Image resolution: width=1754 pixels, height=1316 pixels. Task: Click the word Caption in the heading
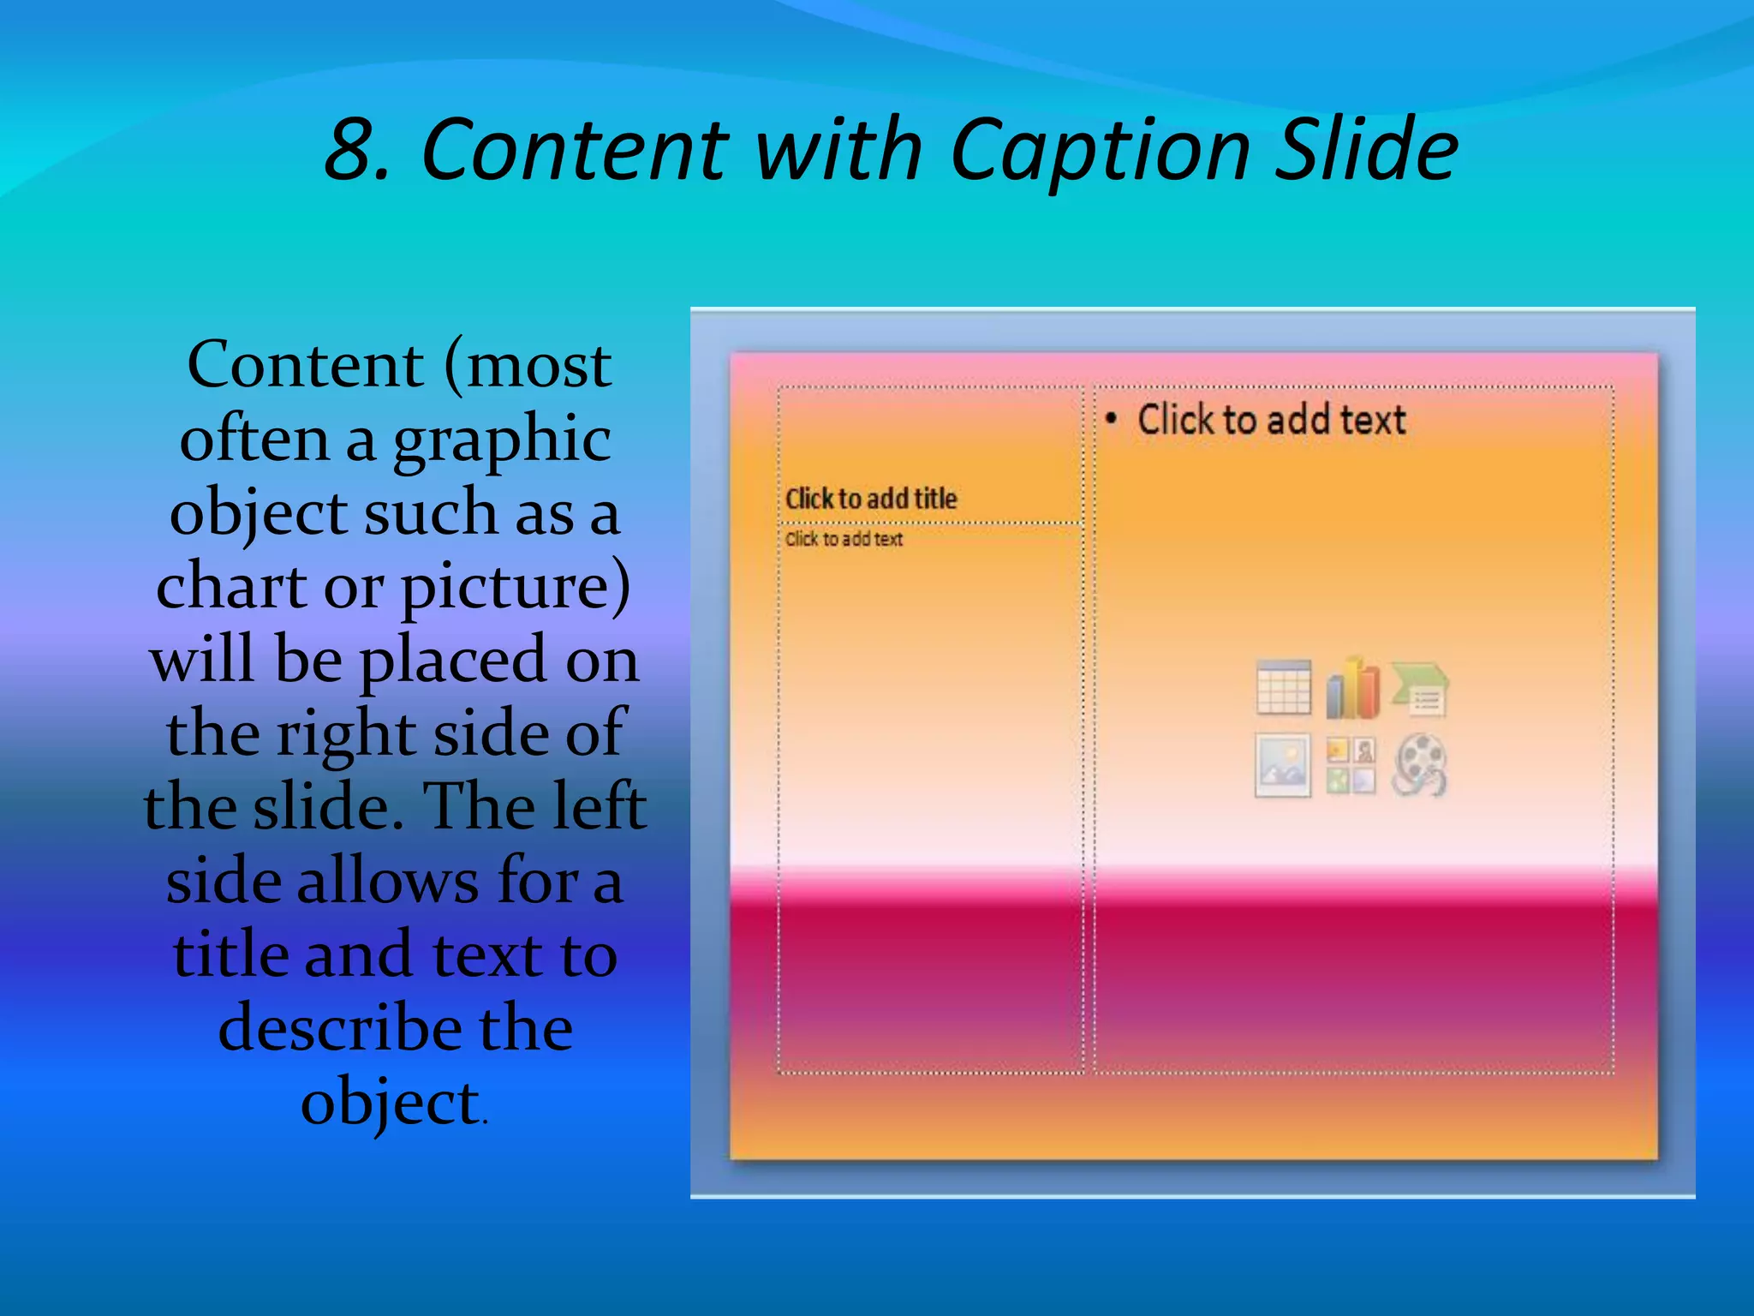(x=1101, y=151)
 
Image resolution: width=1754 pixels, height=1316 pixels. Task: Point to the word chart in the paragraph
(x=231, y=587)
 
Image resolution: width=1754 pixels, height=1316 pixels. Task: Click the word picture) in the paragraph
(x=516, y=589)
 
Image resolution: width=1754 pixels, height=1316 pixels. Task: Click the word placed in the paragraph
(x=452, y=661)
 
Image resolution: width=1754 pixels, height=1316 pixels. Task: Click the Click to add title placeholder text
(x=870, y=499)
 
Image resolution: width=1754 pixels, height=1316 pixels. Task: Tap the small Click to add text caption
(x=844, y=539)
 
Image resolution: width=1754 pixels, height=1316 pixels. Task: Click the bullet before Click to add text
(x=1111, y=419)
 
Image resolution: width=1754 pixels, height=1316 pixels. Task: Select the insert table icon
(x=1283, y=687)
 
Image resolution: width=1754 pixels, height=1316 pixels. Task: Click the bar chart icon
(x=1352, y=688)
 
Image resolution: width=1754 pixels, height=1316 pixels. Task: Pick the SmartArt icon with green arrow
(x=1420, y=688)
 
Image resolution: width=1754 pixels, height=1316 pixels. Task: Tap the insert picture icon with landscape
(x=1282, y=765)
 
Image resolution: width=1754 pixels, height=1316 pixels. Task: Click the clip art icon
(x=1351, y=765)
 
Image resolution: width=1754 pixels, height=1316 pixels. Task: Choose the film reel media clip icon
(x=1420, y=765)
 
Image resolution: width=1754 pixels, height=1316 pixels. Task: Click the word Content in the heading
(x=573, y=151)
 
